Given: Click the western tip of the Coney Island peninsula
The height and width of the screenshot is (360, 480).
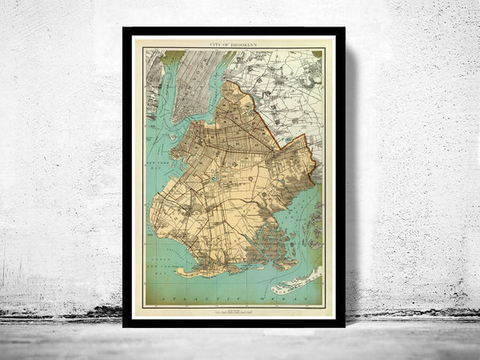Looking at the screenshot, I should tap(178, 271).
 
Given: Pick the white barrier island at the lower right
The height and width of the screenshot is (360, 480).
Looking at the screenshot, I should tap(293, 282).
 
